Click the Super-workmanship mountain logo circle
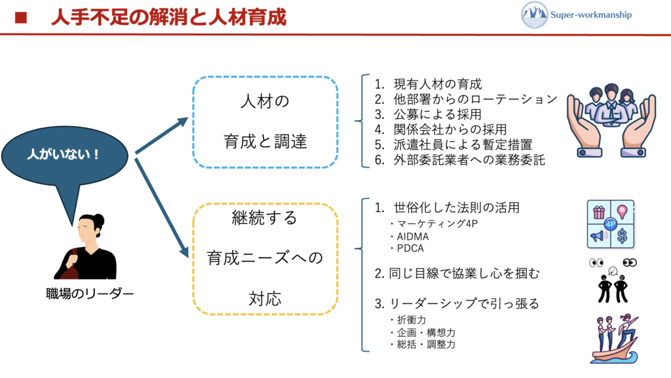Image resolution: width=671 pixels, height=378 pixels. point(535,14)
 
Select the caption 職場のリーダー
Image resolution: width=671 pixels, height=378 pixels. point(86,293)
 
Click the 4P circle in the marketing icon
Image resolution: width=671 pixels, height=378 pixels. point(610,223)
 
